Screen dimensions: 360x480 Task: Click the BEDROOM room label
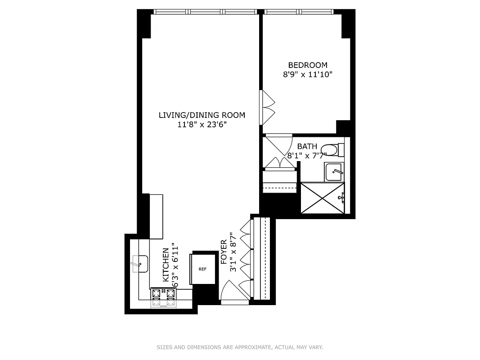(308, 65)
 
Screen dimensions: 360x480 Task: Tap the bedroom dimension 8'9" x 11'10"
(308, 75)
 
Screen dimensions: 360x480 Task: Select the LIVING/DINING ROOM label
(202, 115)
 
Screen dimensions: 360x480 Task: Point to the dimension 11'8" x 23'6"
(202, 125)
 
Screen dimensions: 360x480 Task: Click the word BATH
(307, 147)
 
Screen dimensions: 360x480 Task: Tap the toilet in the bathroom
(334, 149)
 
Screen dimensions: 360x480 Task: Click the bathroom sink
(334, 171)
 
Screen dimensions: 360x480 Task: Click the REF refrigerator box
(202, 269)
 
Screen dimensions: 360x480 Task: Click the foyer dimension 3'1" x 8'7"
(233, 252)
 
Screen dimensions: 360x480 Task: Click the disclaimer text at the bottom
(240, 347)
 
